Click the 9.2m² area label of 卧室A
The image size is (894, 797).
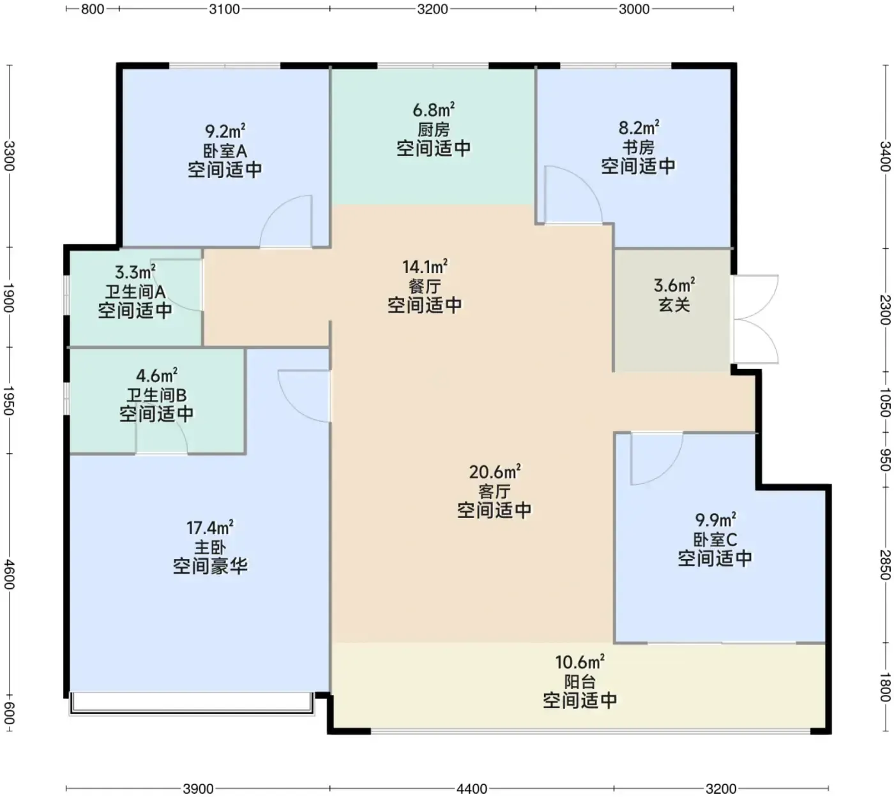pyautogui.click(x=225, y=131)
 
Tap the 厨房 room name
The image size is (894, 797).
pyautogui.click(x=434, y=130)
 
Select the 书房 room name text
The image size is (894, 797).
pyautogui.click(x=638, y=147)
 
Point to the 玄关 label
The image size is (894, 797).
pyautogui.click(x=674, y=305)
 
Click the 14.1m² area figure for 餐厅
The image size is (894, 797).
pyautogui.click(x=425, y=266)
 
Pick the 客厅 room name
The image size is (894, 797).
pyautogui.click(x=494, y=491)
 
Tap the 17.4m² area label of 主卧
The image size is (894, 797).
pyautogui.click(x=210, y=528)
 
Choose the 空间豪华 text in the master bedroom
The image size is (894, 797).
pyautogui.click(x=210, y=566)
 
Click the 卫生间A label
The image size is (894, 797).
pyautogui.click(x=135, y=292)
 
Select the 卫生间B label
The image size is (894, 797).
pyautogui.click(x=156, y=395)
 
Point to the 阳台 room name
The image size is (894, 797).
pyautogui.click(x=580, y=682)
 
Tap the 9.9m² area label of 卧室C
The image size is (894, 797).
pyautogui.click(x=715, y=520)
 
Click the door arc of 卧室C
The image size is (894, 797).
pyautogui.click(x=670, y=468)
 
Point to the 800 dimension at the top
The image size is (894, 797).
pyautogui.click(x=93, y=9)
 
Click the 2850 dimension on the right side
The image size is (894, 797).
pyautogui.click(x=885, y=565)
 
